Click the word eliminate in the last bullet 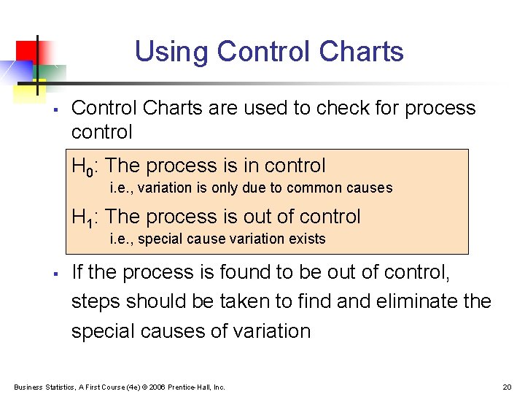coord(413,301)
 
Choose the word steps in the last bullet coord(96,301)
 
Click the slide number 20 coord(507,387)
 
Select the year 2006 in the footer coord(155,387)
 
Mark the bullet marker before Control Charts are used coord(55,109)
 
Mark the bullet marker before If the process coord(55,274)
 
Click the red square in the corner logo coord(28,51)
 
